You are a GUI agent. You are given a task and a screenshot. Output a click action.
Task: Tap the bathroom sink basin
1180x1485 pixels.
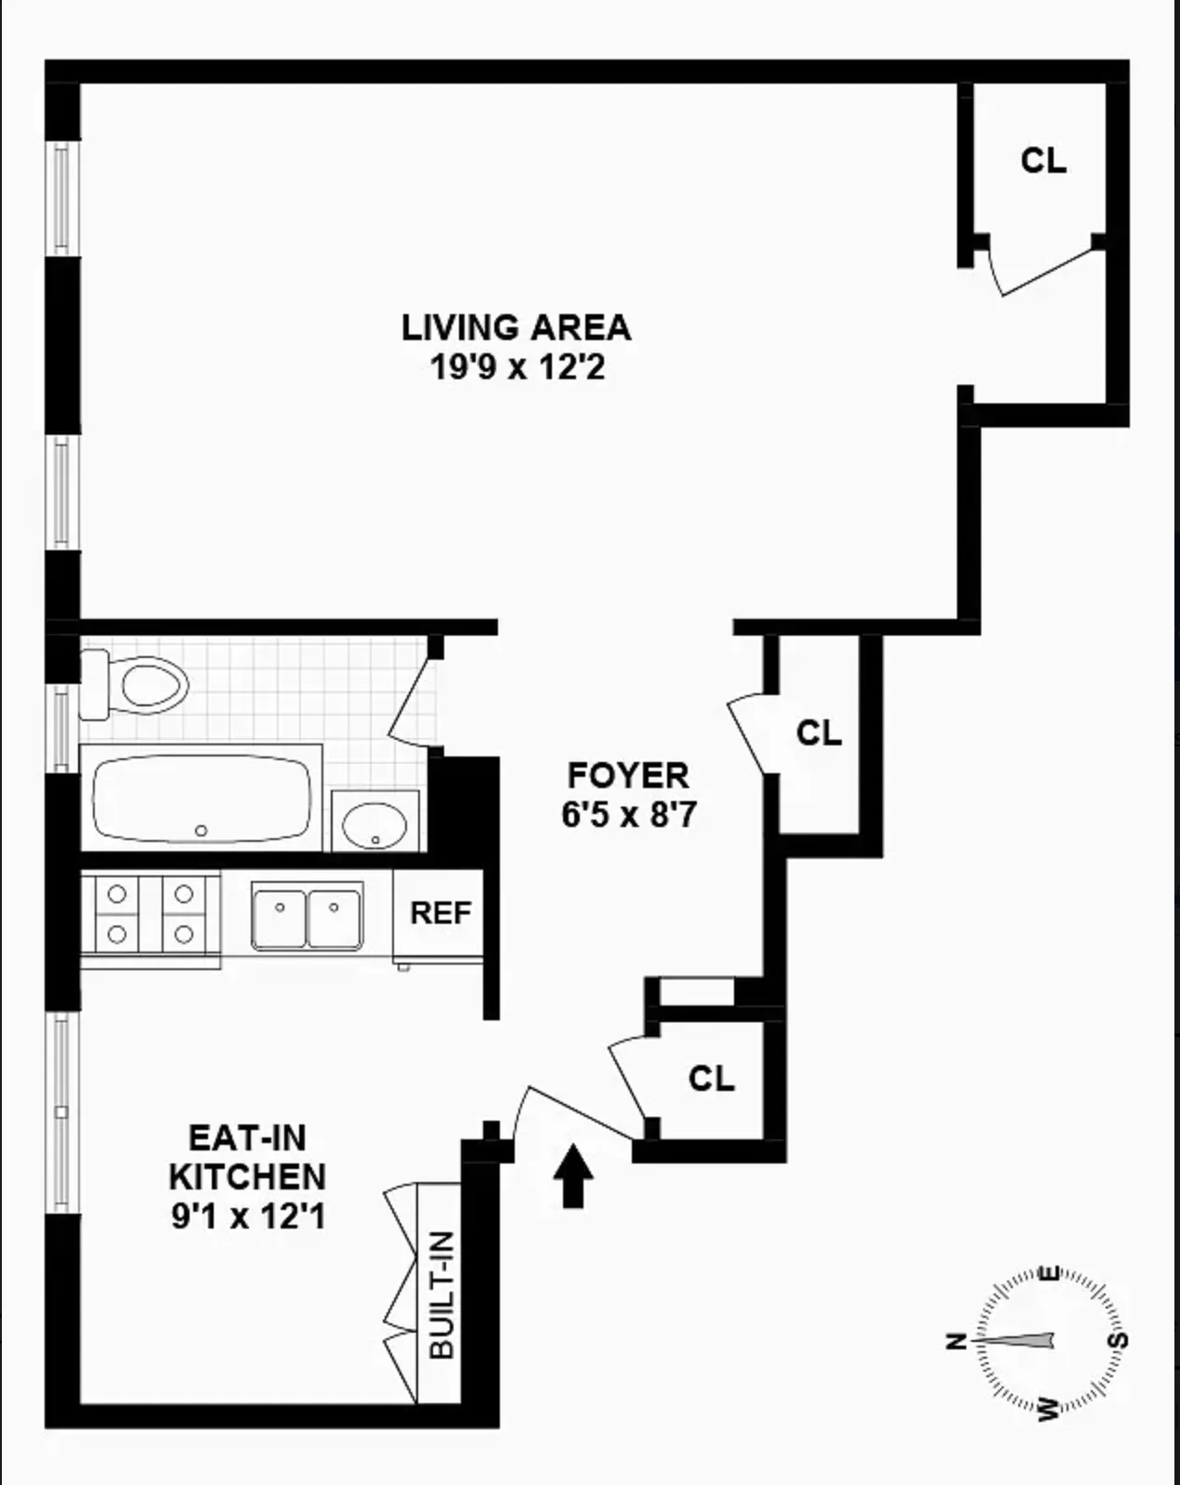point(374,822)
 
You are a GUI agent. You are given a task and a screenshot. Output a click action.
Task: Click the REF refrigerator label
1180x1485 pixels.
point(441,913)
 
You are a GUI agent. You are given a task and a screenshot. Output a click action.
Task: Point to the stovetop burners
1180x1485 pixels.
point(151,913)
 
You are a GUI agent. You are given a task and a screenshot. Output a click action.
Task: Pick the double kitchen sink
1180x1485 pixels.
point(307,915)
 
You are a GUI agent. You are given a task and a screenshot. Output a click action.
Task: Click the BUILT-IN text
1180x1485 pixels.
point(443,1295)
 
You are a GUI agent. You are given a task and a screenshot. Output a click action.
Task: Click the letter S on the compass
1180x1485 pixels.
point(1120,1340)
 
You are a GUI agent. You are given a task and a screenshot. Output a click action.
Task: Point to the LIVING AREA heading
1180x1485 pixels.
point(516,327)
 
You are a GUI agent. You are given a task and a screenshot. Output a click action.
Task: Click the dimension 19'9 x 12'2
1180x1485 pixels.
point(517,368)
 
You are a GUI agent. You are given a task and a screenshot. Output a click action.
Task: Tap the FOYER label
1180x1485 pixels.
point(628,775)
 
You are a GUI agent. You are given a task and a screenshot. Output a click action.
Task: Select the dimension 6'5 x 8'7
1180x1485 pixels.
point(628,815)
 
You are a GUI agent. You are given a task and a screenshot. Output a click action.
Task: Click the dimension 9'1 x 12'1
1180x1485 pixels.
point(248,1216)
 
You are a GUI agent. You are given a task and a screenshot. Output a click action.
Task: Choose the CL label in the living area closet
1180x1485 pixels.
point(1042,161)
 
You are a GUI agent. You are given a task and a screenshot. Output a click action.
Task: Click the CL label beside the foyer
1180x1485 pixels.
point(819,733)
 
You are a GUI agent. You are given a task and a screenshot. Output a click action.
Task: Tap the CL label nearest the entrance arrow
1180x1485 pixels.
point(711,1078)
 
